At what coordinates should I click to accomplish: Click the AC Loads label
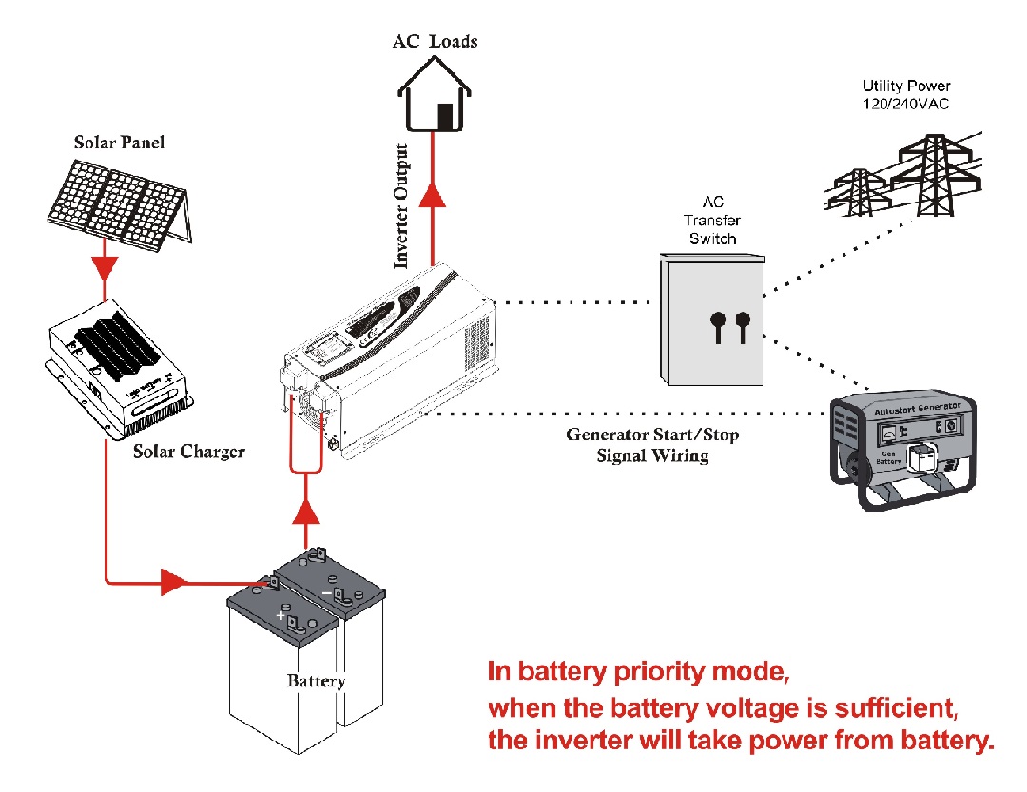[x=435, y=41]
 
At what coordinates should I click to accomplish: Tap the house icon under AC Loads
[x=435, y=100]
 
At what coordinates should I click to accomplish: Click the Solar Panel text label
[x=120, y=143]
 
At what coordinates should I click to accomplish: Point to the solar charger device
[x=119, y=371]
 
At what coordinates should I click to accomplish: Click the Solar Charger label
[x=188, y=451]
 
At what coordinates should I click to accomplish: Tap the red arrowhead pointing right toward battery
[x=173, y=582]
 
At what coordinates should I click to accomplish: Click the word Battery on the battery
[x=316, y=681]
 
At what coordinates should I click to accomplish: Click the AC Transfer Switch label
[x=712, y=221]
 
